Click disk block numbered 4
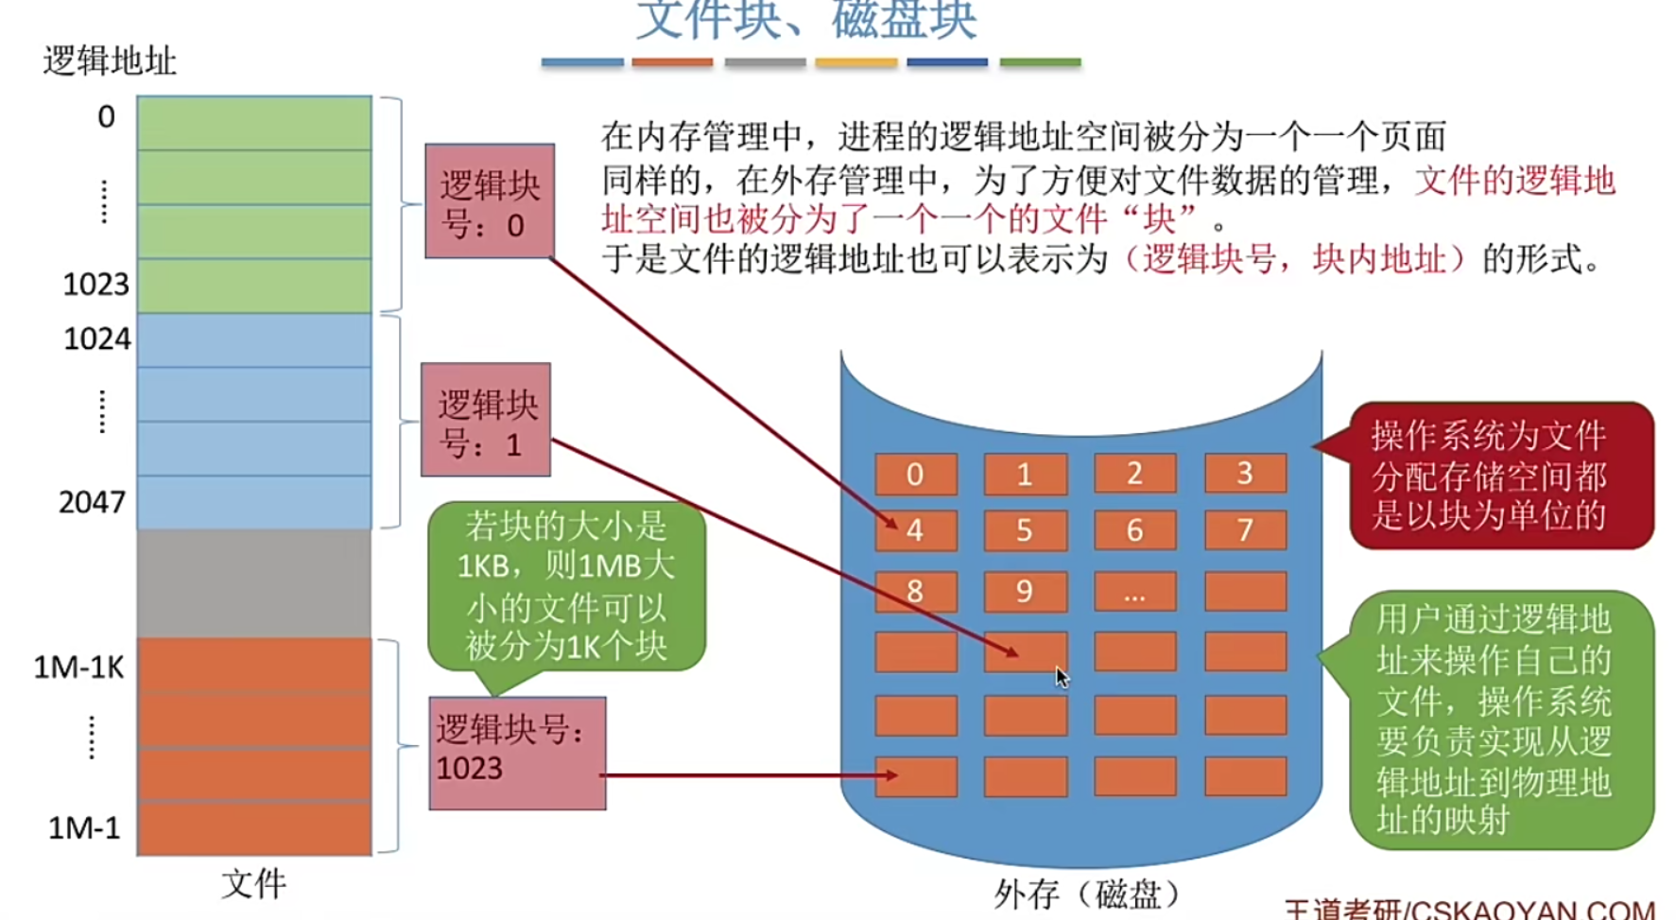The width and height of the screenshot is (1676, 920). (x=915, y=530)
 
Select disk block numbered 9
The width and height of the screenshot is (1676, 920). (x=1025, y=592)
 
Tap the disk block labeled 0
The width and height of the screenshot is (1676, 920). (x=915, y=474)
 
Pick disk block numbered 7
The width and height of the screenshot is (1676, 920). (x=1245, y=530)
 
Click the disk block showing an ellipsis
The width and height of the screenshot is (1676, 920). (x=1134, y=592)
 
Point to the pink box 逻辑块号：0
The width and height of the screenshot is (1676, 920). (x=489, y=201)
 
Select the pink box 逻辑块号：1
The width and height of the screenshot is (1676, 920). (x=486, y=420)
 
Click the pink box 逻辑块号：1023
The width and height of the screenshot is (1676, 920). (x=517, y=753)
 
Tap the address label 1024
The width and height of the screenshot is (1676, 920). (x=96, y=338)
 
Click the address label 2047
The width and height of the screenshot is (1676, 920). (x=92, y=502)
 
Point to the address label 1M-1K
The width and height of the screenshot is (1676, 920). (x=79, y=668)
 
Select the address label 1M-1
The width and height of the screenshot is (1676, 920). (x=84, y=828)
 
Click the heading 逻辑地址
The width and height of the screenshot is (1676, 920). (x=110, y=61)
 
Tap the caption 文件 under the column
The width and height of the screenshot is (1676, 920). (x=253, y=884)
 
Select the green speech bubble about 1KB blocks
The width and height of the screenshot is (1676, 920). (x=566, y=586)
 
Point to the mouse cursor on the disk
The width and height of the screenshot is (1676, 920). (x=1062, y=675)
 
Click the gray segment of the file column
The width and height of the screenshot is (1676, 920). (x=253, y=583)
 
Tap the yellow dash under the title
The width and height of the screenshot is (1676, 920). (x=855, y=62)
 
